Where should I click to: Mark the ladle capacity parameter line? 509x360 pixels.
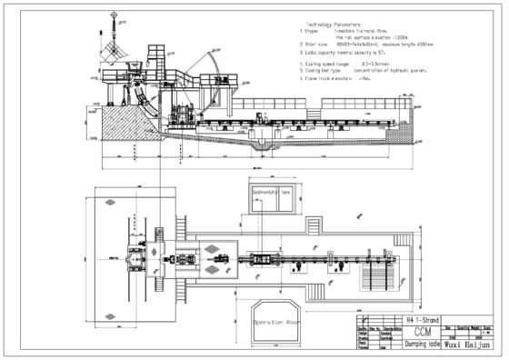click(x=353, y=51)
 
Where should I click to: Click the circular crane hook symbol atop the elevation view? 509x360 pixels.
click(x=114, y=15)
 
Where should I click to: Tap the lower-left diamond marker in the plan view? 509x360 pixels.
click(x=112, y=317)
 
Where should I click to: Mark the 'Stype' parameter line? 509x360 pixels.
click(x=350, y=30)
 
